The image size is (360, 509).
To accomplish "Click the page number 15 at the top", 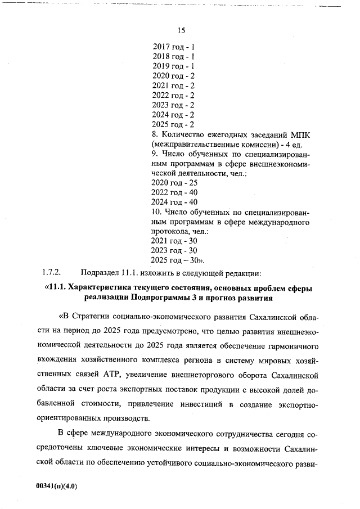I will coord(181,30).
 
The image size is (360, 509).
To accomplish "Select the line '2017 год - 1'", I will coord(174,47).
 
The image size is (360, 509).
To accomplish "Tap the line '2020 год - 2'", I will coord(174,76).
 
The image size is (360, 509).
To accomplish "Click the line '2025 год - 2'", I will coord(174,124).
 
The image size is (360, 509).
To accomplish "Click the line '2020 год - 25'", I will coord(175,183).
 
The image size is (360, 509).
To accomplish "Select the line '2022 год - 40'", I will coord(175,192).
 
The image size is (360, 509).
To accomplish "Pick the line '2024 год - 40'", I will coord(175,202).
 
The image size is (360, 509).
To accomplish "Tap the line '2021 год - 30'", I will coord(175,241).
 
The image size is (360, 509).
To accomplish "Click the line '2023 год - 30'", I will coord(175,250).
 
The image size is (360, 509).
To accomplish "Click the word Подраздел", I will coord(99,273).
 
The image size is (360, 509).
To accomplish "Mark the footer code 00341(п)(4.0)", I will coord(56,487).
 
